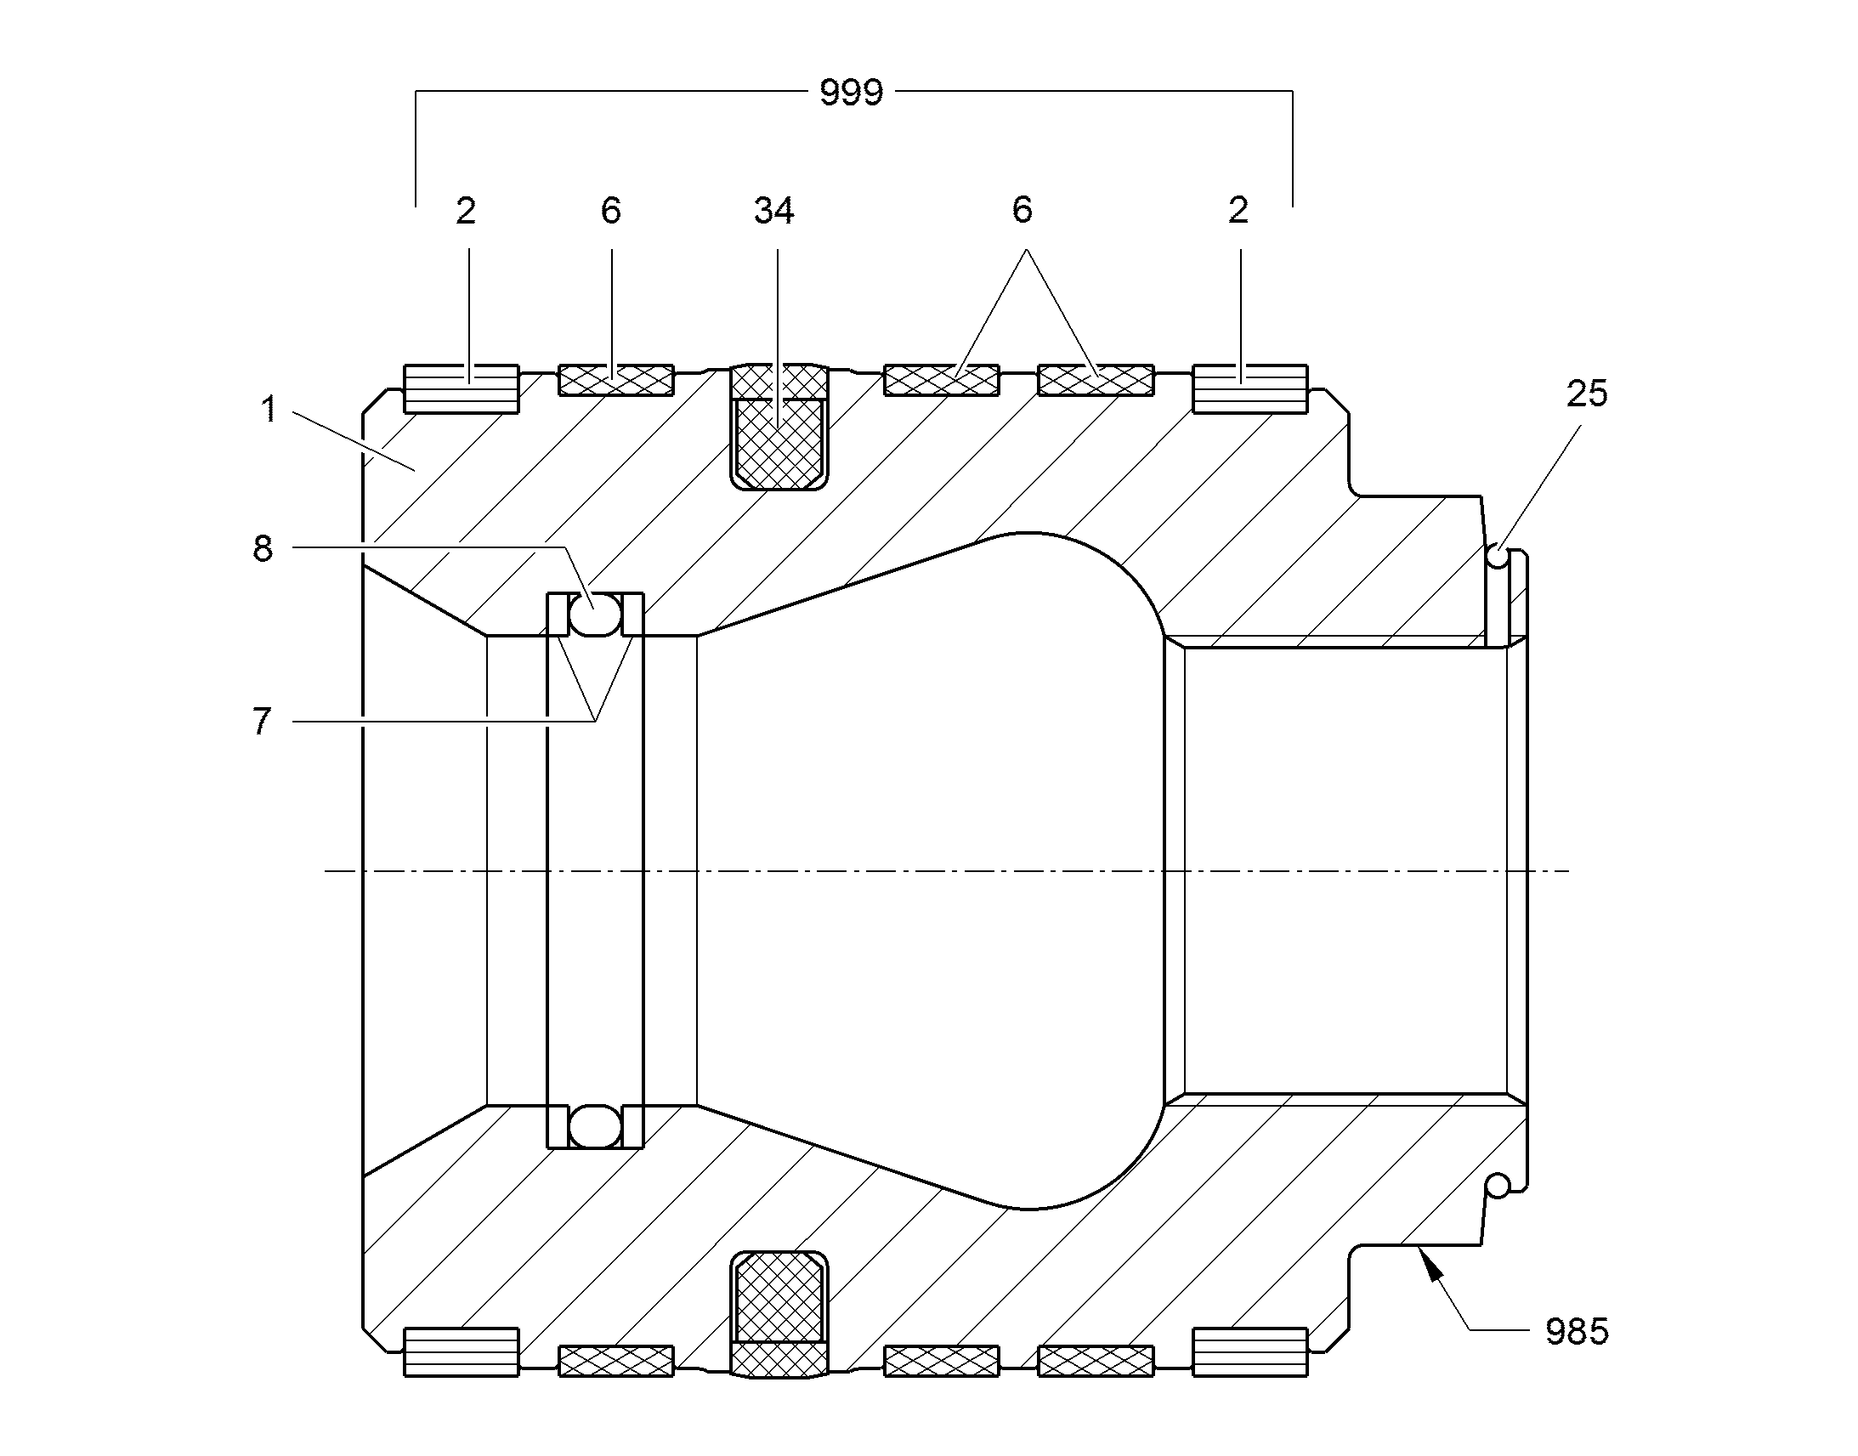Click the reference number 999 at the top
(x=851, y=92)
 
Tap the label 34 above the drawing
(x=773, y=211)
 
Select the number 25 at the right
(x=1586, y=394)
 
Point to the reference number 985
(x=1577, y=1331)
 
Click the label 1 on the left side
(x=269, y=409)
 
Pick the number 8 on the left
(x=263, y=549)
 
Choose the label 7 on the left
(x=262, y=722)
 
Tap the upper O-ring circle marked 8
(x=595, y=614)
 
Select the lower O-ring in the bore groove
(x=595, y=1126)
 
